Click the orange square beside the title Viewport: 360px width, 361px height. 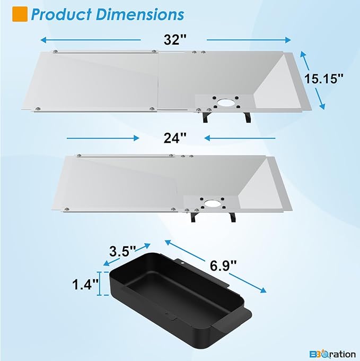20,14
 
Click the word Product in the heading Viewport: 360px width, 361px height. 61,14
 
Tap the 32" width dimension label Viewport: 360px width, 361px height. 175,40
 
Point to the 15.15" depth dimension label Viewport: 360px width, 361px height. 323,79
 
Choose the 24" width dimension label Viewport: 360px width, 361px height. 175,138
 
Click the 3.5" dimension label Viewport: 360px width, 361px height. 122,251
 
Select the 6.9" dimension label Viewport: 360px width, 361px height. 223,265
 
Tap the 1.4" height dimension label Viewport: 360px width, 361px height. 85,284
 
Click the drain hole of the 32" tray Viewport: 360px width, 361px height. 225,102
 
